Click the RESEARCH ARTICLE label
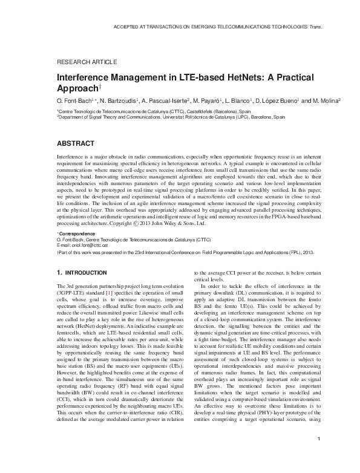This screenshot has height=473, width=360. pos(87,62)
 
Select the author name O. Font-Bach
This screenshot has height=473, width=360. pos(74,100)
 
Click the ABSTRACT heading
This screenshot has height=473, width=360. pos(75,143)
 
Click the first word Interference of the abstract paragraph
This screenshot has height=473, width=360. pos(70,156)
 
